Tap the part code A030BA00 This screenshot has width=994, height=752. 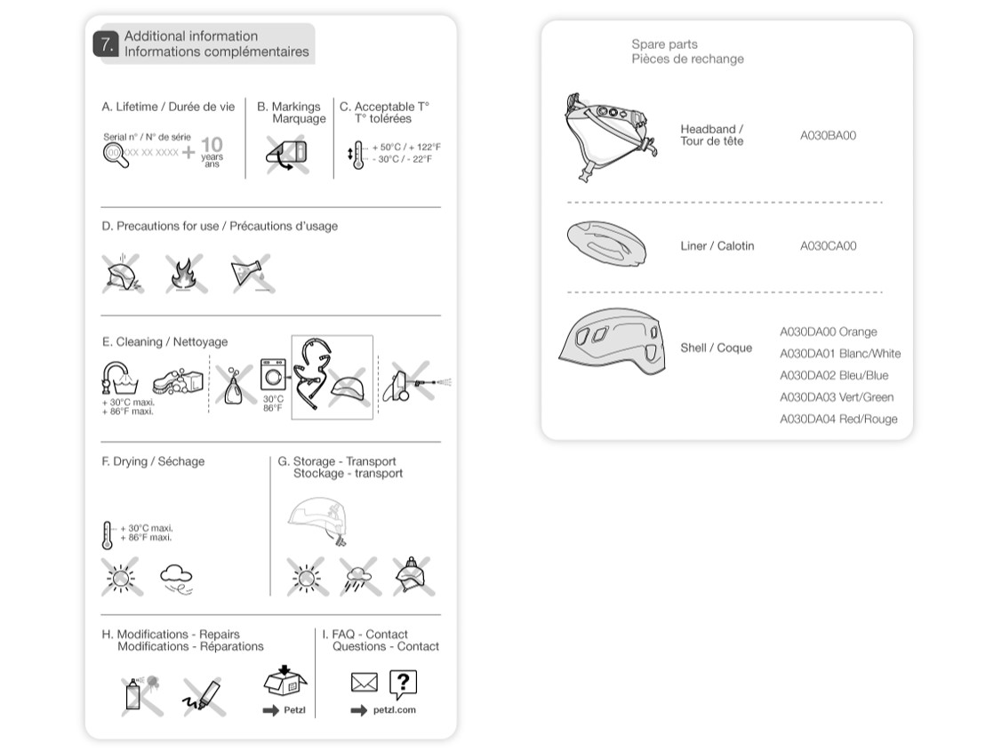828,136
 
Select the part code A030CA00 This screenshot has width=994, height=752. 828,246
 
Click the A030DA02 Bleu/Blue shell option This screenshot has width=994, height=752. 833,375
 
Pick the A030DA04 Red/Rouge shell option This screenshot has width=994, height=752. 838,419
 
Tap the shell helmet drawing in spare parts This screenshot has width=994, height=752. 613,343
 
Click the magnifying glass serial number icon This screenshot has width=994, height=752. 113,152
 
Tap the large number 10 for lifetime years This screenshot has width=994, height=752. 212,145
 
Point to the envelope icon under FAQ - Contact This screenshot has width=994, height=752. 365,683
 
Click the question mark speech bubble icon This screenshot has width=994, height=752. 403,683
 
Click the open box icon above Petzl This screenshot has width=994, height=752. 285,682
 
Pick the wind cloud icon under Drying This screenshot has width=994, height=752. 176,579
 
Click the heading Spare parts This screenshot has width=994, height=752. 664,44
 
